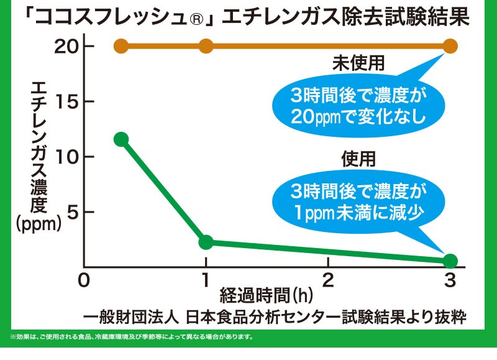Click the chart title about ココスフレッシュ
point(248,17)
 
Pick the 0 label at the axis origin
point(84,280)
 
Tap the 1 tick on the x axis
point(206,280)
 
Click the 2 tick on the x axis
point(328,280)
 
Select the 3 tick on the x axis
point(450,280)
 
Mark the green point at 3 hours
point(450,261)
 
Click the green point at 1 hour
point(206,242)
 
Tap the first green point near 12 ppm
point(121,139)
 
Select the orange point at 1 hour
point(206,46)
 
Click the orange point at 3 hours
point(450,46)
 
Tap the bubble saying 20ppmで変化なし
point(351,106)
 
